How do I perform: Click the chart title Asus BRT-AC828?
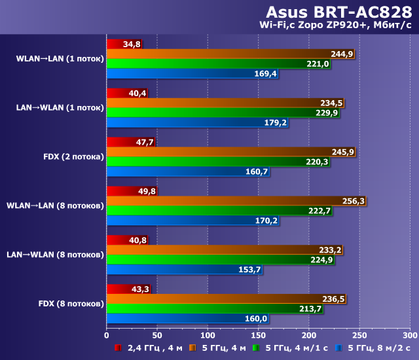[340, 12]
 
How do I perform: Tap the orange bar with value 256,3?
[223, 201]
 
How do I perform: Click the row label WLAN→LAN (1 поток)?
[60, 59]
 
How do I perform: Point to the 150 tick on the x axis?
[258, 334]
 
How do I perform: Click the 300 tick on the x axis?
[409, 334]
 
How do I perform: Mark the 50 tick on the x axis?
[157, 334]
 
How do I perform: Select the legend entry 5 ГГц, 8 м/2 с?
[376, 347]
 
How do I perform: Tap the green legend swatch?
[257, 347]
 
